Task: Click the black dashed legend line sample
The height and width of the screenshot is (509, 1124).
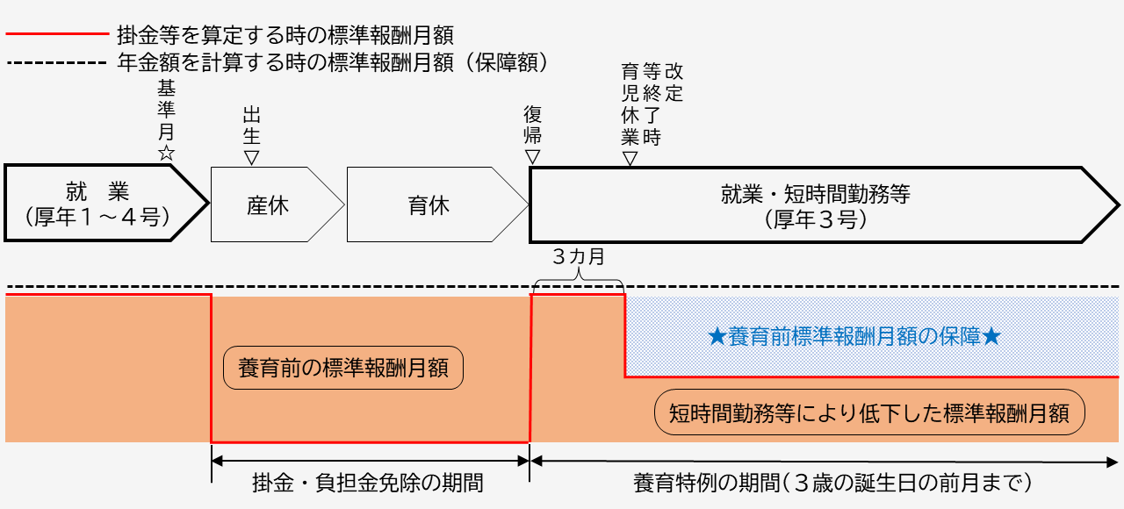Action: tap(56, 63)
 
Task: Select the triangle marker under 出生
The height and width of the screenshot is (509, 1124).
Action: tap(252, 157)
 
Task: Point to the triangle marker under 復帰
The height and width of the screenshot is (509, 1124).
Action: tap(532, 156)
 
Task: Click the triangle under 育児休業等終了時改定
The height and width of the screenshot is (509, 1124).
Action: tap(630, 158)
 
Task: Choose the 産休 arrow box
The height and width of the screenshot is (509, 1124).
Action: tap(268, 205)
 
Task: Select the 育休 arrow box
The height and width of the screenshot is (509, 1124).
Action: tap(429, 205)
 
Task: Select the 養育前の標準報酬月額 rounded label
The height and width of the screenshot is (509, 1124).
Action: tap(343, 368)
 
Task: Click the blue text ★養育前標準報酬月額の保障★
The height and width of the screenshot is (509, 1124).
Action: tap(854, 337)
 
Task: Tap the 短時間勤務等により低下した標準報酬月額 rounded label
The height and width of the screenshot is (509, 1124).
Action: tap(869, 412)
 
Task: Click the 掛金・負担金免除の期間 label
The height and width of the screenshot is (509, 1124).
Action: tap(368, 483)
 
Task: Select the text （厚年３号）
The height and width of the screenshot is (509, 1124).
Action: tap(816, 219)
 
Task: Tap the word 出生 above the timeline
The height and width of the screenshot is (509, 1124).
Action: tap(252, 125)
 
